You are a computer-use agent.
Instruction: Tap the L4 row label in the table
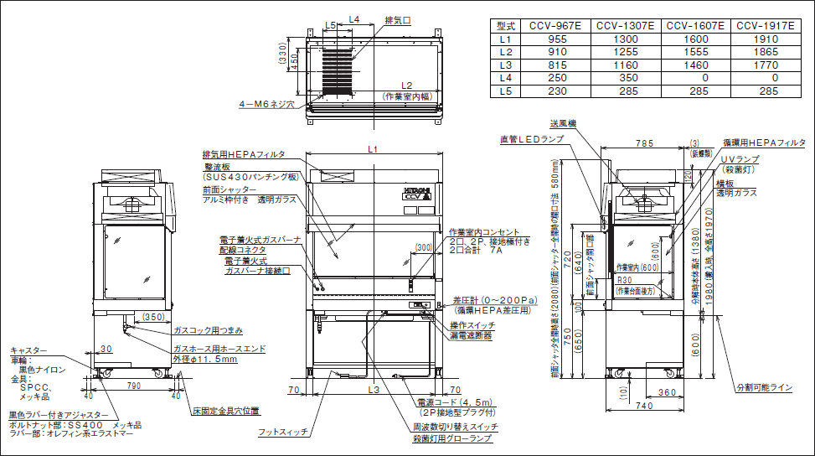504,77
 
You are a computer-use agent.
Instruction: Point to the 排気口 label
398,19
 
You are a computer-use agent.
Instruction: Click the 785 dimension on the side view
644,143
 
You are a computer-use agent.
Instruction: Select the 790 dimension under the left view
133,385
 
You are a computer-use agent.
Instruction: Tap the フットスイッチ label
285,432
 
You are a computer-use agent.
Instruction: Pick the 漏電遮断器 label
472,334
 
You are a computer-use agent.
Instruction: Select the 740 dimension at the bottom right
643,405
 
